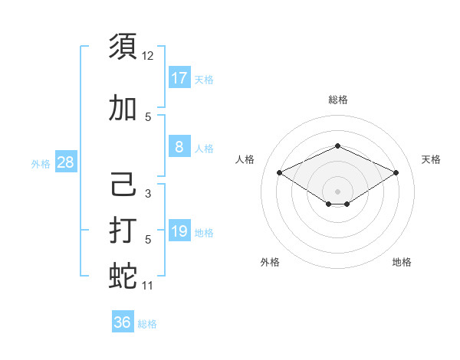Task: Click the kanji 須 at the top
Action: [123, 46]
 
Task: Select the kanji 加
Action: [123, 108]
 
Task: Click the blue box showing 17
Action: [179, 77]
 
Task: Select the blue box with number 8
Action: [179, 147]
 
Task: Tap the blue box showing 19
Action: [179, 231]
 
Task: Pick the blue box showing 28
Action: [65, 162]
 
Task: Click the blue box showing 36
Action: [123, 322]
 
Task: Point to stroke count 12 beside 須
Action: [148, 56]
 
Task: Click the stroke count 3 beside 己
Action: [148, 194]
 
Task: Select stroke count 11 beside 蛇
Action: [148, 286]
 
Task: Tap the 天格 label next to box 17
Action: [204, 79]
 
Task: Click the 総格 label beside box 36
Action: [147, 324]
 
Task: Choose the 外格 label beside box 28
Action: [41, 163]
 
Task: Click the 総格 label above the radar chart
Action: [337, 100]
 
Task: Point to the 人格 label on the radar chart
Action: [245, 159]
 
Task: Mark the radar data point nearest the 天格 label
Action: [396, 172]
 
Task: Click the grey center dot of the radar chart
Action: [337, 190]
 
